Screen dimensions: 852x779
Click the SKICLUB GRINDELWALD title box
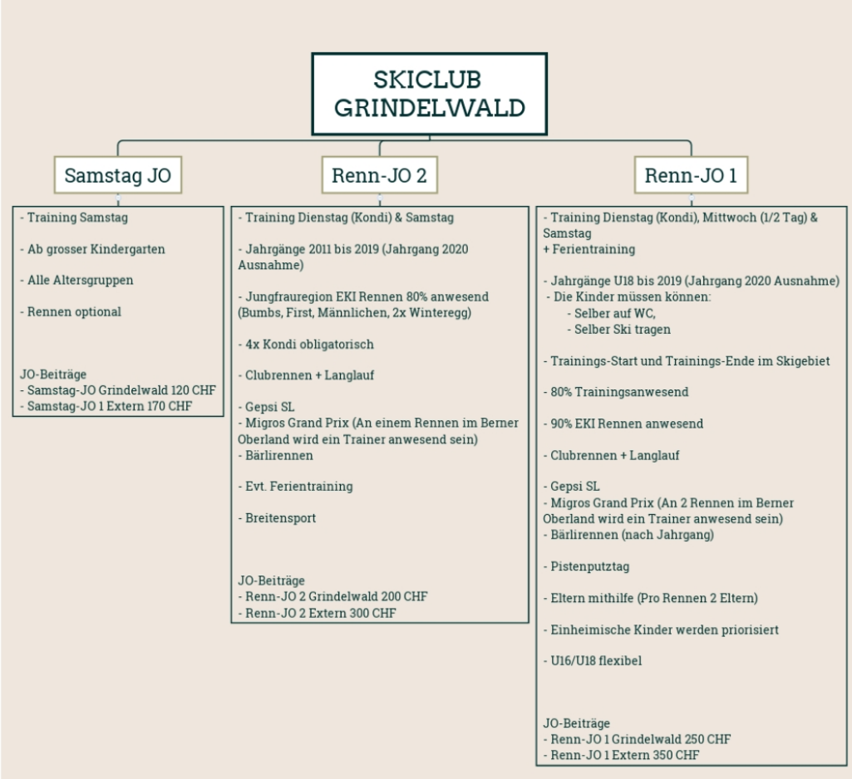point(429,94)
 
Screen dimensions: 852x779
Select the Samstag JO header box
point(118,174)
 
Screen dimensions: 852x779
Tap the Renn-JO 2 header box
point(379,174)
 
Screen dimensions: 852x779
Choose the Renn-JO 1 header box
point(691,174)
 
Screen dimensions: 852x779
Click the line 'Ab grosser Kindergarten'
point(92,249)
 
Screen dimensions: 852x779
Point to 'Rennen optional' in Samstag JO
point(71,311)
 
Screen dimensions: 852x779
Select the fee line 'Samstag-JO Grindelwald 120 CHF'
point(118,390)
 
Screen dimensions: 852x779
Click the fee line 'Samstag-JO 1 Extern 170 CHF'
point(106,406)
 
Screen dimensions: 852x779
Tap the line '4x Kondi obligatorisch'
point(306,344)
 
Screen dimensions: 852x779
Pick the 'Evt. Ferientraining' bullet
point(296,487)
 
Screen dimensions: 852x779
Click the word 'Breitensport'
point(280,518)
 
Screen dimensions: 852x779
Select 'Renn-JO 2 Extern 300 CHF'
point(318,613)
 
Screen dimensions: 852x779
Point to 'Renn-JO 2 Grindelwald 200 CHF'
point(333,596)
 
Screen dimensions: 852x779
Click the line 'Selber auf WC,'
point(611,313)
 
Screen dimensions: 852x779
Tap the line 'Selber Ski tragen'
point(619,330)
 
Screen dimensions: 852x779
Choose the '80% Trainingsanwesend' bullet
point(616,392)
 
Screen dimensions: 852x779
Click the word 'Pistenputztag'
point(590,566)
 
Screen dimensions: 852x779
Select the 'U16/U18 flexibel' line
point(593,661)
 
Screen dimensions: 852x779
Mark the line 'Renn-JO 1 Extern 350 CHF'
point(622,755)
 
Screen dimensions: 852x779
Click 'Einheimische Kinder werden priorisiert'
point(662,630)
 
